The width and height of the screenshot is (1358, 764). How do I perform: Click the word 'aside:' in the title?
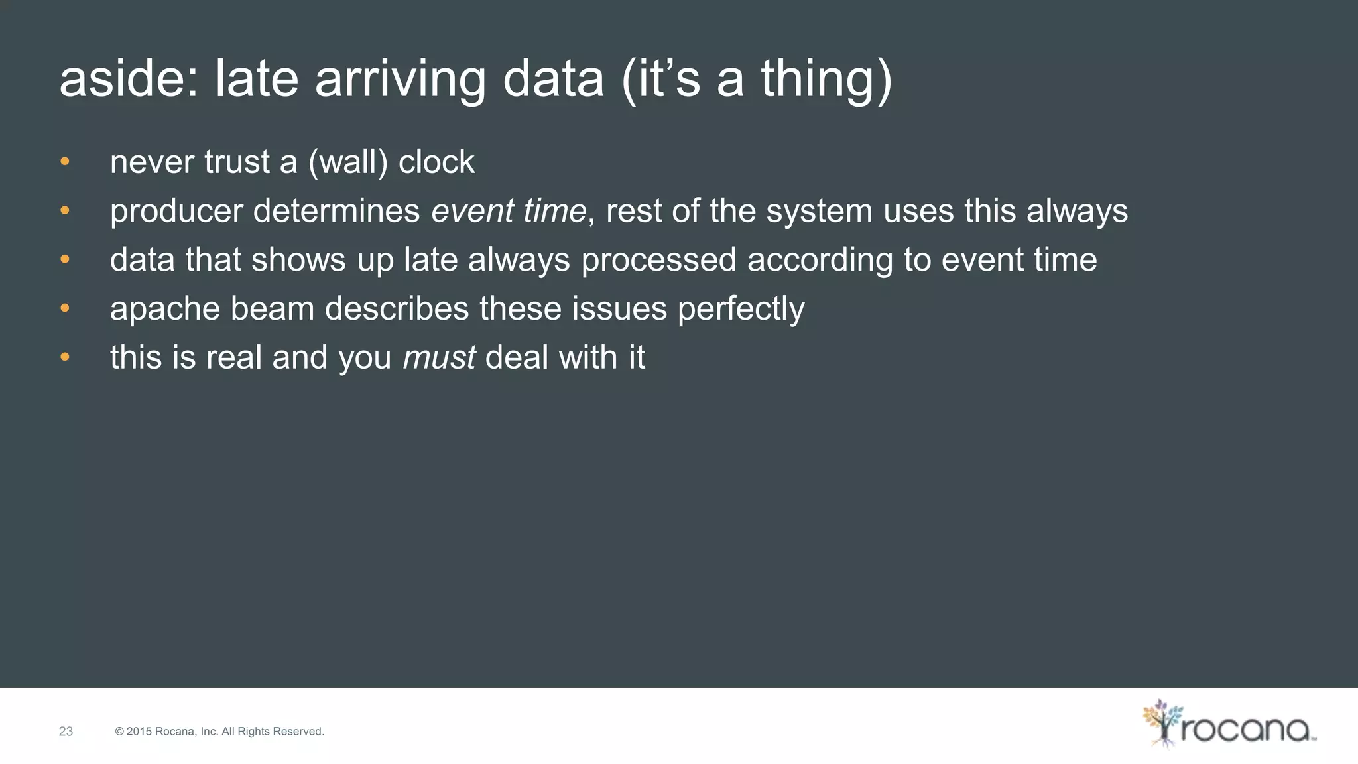pyautogui.click(x=129, y=79)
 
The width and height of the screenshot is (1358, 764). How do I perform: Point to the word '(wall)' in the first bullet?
pyautogui.click(x=348, y=162)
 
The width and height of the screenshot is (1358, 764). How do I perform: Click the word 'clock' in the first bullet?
pyautogui.click(x=436, y=162)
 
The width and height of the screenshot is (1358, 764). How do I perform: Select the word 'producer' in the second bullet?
pyautogui.click(x=176, y=212)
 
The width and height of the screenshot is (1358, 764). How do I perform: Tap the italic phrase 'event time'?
pyautogui.click(x=509, y=211)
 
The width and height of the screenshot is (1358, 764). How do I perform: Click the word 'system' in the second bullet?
pyautogui.click(x=819, y=212)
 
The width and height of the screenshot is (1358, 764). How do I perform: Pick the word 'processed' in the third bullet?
pyautogui.click(x=658, y=260)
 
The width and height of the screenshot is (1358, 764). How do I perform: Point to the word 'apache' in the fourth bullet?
pyautogui.click(x=164, y=309)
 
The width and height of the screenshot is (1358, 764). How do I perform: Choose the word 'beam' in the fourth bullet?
pyautogui.click(x=272, y=309)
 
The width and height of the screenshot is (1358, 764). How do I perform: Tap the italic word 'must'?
pyautogui.click(x=438, y=358)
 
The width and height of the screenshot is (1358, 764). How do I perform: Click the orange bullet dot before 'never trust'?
pyautogui.click(x=64, y=162)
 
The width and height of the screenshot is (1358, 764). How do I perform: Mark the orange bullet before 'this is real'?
pyautogui.click(x=64, y=357)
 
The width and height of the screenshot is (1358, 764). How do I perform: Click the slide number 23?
pyautogui.click(x=66, y=732)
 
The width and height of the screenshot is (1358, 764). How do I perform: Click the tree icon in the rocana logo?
pyautogui.click(x=1162, y=723)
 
